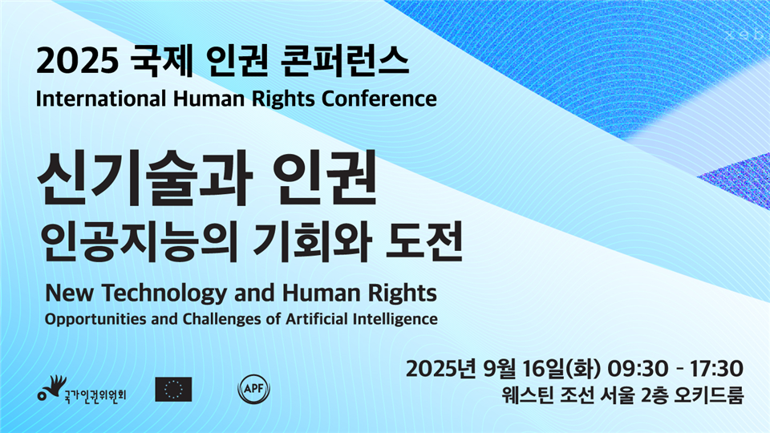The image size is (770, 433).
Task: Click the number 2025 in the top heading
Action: click(78, 62)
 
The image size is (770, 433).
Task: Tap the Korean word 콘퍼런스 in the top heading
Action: click(345, 62)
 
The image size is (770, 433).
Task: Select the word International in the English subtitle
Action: click(101, 99)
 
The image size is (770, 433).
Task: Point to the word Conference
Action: click(379, 99)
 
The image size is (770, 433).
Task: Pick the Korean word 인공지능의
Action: click(140, 242)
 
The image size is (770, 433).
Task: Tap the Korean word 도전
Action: click(423, 242)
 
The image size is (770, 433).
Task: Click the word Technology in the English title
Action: click(165, 293)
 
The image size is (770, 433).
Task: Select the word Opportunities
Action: click(95, 320)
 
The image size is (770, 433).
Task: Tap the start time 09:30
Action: click(638, 369)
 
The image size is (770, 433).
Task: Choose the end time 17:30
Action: click(716, 369)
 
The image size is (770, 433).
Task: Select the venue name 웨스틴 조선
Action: click(548, 395)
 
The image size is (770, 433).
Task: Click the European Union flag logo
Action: click(173, 390)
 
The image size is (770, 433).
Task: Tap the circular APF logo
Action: click(254, 390)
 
